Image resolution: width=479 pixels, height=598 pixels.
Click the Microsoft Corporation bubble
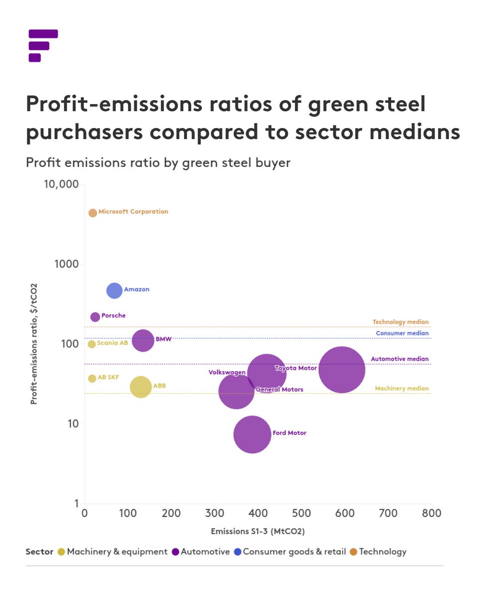coord(92,213)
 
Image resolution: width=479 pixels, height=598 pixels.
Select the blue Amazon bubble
coord(114,291)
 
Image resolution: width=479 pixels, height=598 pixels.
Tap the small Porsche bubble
coord(95,317)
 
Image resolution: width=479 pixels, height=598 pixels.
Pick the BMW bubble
coord(143,341)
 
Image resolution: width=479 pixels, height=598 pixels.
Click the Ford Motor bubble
coord(252,435)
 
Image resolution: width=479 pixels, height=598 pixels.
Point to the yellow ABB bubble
coord(141,387)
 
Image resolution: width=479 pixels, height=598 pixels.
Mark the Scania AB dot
coord(91,344)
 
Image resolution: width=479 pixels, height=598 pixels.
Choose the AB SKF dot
coord(92,379)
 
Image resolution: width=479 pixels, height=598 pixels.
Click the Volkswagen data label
coord(227,372)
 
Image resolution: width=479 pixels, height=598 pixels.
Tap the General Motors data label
coord(279,390)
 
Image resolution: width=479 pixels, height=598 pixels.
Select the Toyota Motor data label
coord(295,368)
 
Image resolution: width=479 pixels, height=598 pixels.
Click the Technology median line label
coord(400,322)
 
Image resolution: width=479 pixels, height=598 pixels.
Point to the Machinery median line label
coord(401,389)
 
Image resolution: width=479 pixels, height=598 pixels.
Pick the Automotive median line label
coord(400,359)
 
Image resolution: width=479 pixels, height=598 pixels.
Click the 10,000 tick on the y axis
coord(61,184)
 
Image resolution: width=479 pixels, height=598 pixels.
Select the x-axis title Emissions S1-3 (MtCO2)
coord(257,531)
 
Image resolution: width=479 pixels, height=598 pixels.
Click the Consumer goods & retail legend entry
coord(289,552)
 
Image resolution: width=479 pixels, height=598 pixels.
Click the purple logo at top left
coord(43,45)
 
